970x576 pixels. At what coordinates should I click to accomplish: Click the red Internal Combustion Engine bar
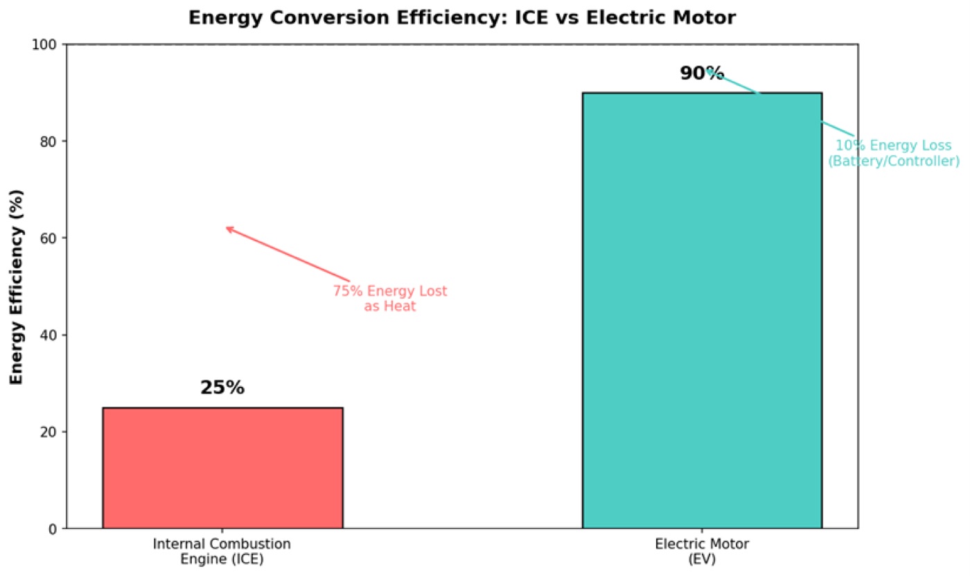222,468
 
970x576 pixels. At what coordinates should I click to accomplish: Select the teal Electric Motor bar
702,311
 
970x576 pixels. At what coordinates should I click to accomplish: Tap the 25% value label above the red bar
222,387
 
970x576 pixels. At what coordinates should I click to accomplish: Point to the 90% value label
701,73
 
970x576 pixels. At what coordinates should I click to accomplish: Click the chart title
462,18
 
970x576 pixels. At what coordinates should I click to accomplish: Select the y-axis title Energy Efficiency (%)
16,287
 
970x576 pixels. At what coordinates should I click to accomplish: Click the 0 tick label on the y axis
53,530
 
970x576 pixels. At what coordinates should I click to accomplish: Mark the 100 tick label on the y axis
44,44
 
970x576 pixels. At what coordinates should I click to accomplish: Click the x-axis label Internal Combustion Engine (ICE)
222,551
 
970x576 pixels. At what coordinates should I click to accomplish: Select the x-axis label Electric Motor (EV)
701,551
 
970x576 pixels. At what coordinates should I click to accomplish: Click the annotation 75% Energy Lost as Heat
389,298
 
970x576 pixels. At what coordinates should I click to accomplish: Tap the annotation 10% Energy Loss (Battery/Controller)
894,153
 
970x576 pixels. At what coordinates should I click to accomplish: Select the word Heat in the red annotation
401,306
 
